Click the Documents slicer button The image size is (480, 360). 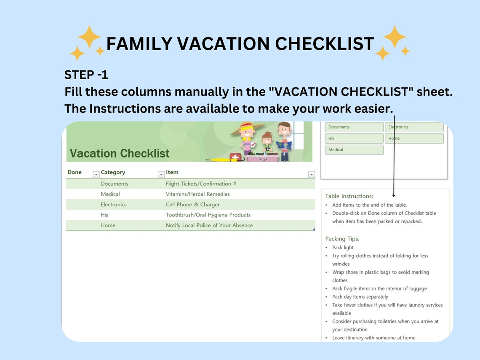coord(354,127)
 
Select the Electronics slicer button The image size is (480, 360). coord(414,127)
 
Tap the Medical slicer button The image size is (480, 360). coord(354,150)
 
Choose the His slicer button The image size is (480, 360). coord(354,139)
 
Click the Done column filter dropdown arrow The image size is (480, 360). coord(96,174)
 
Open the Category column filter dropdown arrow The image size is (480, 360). coord(161,174)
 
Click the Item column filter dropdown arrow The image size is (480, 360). coord(311,174)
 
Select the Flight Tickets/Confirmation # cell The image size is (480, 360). coord(201,184)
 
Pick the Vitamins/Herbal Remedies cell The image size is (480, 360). coord(197,194)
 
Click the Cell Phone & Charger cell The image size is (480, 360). coord(192,205)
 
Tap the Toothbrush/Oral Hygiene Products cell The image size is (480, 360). coord(208,215)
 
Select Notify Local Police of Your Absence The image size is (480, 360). coord(209,225)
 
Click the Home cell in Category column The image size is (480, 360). coord(108,225)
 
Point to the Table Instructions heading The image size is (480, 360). coord(349,196)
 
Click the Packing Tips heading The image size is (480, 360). coord(342,239)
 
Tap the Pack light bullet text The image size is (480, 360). coord(343,248)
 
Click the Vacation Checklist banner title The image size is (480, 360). coord(120,153)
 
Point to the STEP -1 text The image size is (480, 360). coord(86,75)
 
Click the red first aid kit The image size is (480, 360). coord(235,157)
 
